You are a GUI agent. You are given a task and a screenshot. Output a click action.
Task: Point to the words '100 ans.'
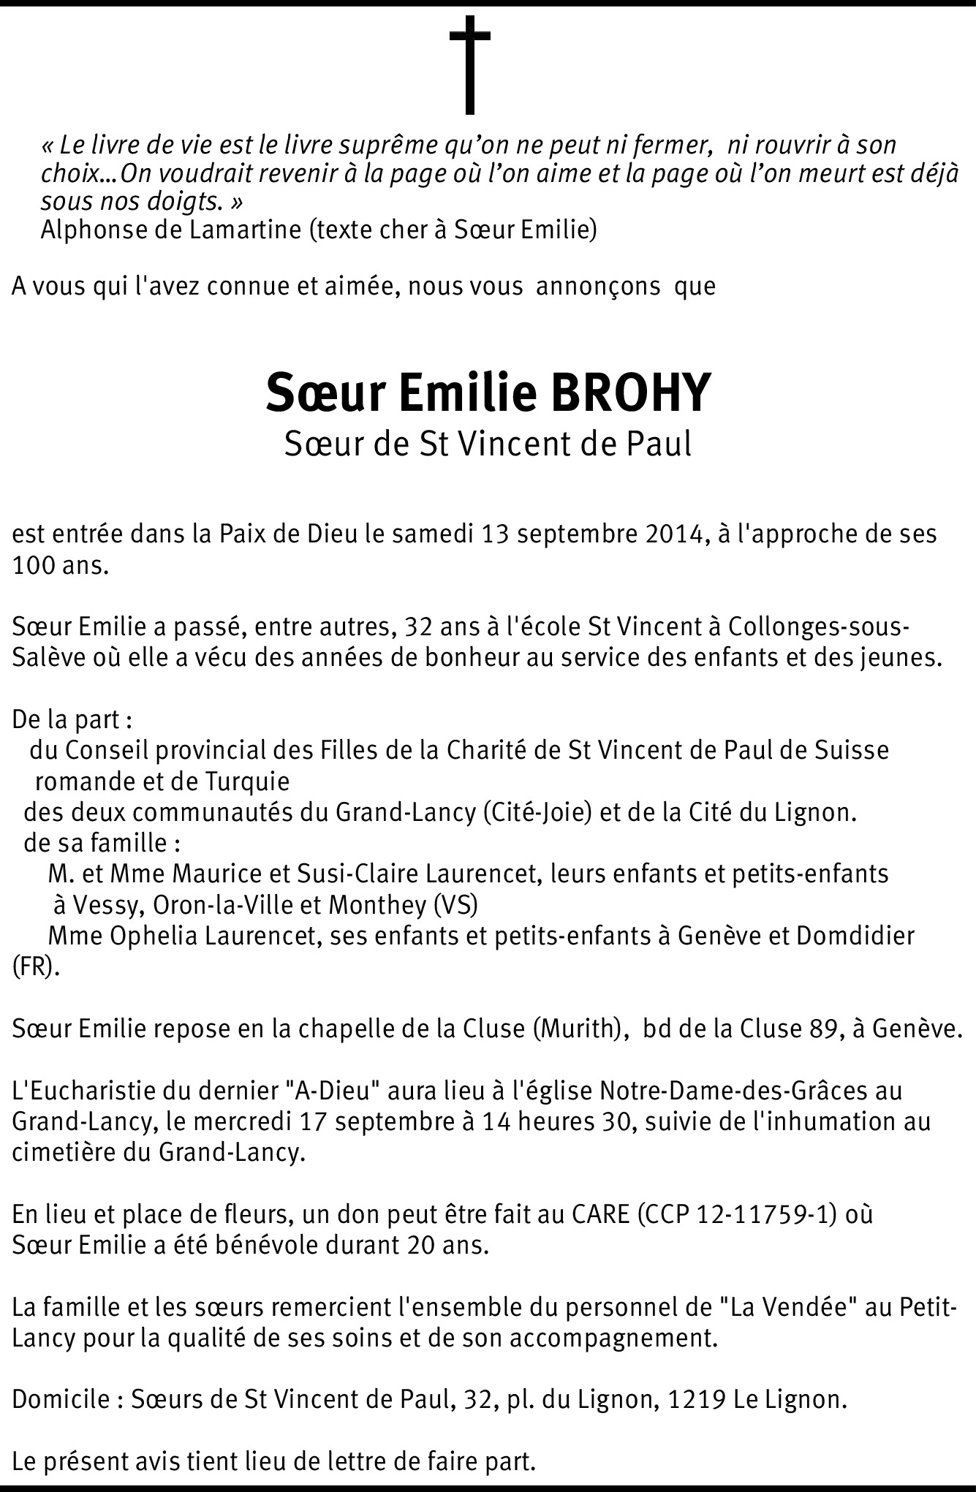point(61,566)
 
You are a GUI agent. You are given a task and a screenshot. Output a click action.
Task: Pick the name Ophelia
point(153,936)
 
